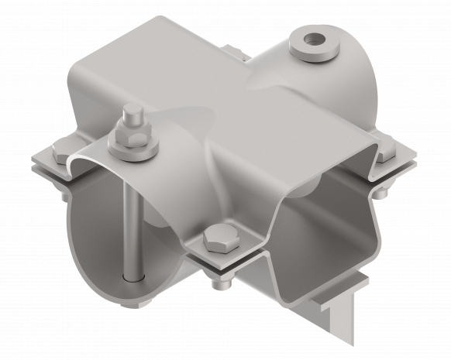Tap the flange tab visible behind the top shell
232,54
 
